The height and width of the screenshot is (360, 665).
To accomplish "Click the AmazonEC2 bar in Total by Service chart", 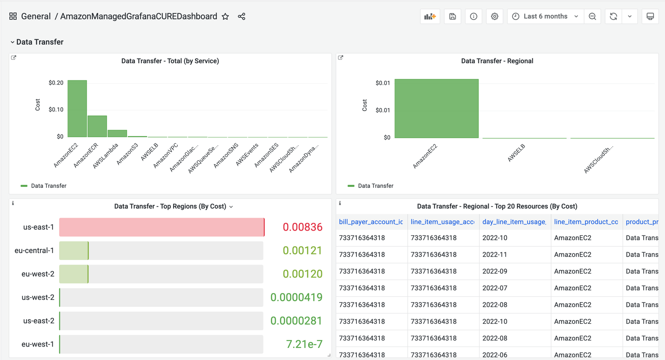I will (77, 109).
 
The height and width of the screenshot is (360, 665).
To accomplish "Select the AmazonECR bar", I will (97, 126).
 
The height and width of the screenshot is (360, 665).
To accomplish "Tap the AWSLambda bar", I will (117, 133).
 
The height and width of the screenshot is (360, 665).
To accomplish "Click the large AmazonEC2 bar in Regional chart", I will (436, 108).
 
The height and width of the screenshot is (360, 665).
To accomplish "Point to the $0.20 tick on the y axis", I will (56, 83).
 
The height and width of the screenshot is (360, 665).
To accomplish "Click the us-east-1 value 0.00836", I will (302, 227).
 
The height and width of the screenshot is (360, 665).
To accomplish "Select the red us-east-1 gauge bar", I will (161, 227).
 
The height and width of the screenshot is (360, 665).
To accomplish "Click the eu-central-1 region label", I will (34, 251).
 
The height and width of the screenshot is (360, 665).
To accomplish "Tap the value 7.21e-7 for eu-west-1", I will (304, 344).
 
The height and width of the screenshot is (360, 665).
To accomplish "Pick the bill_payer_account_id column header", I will (371, 222).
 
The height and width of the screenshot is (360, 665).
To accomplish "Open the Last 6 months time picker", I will (545, 16).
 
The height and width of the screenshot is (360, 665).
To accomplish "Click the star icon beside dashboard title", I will (225, 17).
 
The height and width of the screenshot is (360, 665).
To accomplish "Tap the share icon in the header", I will (242, 17).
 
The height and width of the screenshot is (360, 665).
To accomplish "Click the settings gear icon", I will (494, 16).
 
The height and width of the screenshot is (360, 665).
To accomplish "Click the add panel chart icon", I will (430, 16).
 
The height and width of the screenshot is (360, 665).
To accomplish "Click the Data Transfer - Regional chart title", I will (497, 61).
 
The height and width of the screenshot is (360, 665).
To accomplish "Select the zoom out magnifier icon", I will (592, 16).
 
